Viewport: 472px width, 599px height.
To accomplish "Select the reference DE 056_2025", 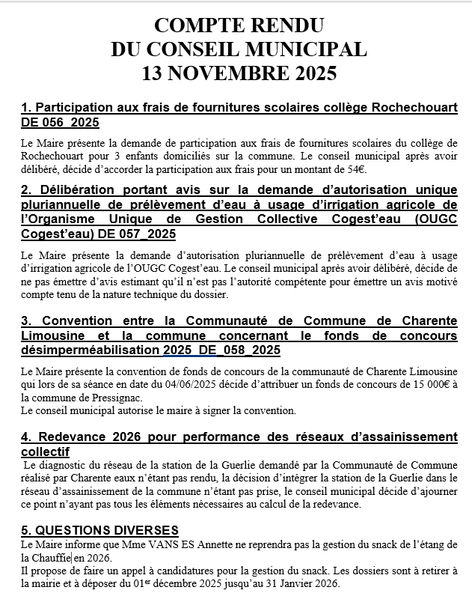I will pos(60,122).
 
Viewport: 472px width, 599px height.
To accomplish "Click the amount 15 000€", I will pos(432,384).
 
